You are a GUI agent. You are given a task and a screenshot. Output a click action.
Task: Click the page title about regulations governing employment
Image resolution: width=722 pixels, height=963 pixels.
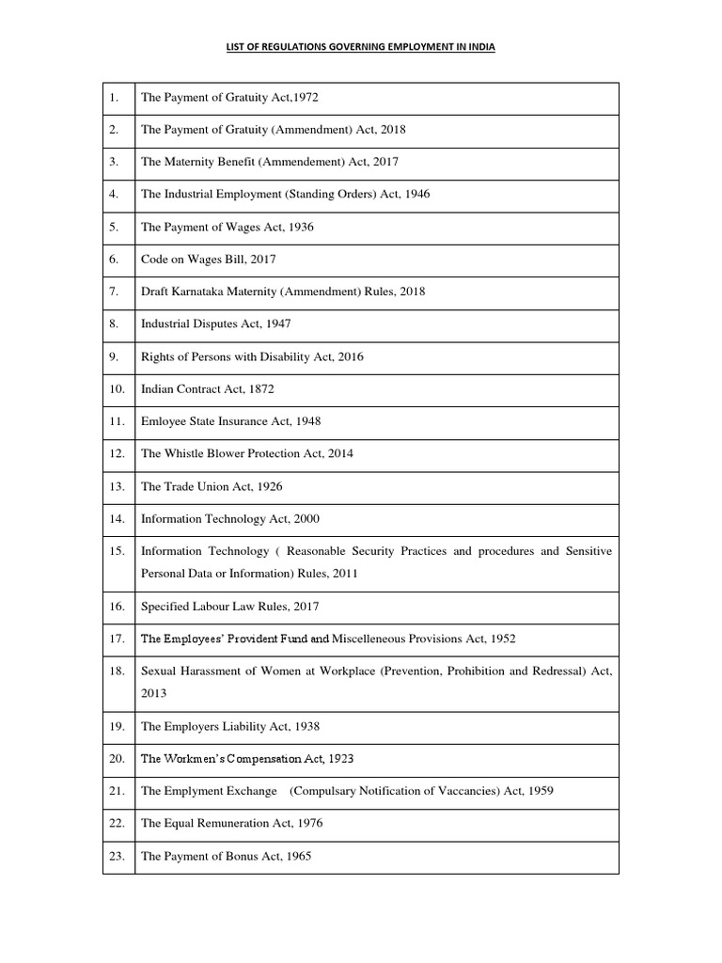(361, 46)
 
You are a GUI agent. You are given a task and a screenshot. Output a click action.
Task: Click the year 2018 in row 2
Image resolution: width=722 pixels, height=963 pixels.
(392, 130)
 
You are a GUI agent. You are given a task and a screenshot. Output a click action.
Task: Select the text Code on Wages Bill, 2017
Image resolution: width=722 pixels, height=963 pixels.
(208, 259)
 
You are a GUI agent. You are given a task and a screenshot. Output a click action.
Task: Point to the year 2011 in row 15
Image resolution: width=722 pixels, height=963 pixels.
(342, 573)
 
